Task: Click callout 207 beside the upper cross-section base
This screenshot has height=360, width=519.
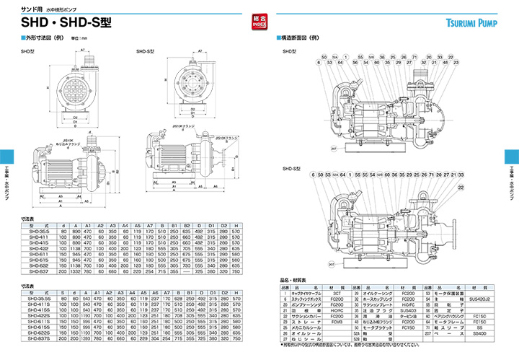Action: (x=333, y=149)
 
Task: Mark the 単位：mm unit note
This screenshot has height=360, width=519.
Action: (x=68, y=38)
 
